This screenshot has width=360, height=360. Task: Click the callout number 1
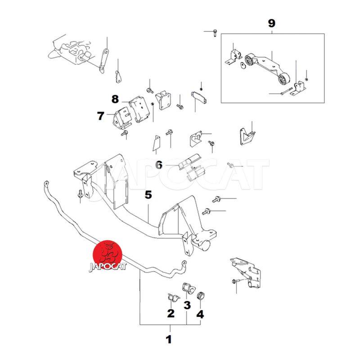[x=169, y=339]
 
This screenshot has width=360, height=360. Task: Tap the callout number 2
[x=171, y=313]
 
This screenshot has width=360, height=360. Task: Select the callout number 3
[x=187, y=305]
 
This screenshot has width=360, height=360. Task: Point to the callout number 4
[x=200, y=314]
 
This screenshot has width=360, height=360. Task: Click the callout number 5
[x=148, y=195]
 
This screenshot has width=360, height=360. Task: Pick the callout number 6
[x=159, y=165]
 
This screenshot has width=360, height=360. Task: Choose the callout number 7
[x=100, y=116]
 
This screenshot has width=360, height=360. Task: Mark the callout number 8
[x=115, y=98]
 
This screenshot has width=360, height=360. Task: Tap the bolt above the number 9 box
[x=214, y=32]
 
